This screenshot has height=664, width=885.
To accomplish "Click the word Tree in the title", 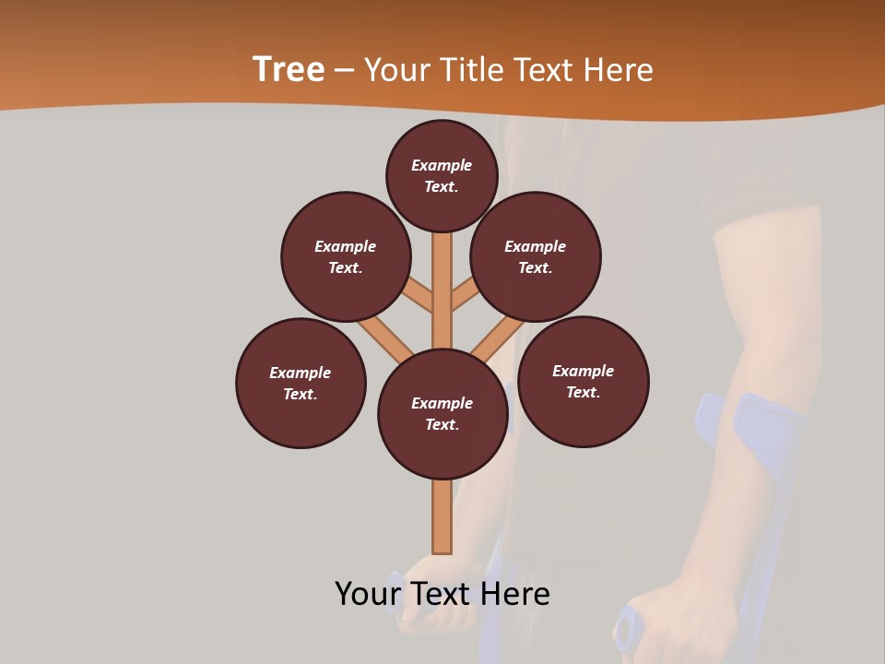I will click(x=289, y=69).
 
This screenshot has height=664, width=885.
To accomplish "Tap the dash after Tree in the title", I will click(x=343, y=70).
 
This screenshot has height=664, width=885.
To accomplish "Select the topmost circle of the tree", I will click(x=442, y=175).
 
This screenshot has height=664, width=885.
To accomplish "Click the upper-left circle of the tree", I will click(x=346, y=256).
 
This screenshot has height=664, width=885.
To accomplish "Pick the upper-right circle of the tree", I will click(x=536, y=256).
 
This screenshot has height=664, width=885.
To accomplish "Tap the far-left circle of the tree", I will click(x=301, y=383).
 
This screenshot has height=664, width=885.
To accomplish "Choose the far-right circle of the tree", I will click(x=584, y=381).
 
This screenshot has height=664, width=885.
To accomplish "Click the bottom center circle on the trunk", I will click(x=442, y=414).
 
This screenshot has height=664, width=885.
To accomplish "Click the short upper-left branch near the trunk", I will click(x=419, y=297).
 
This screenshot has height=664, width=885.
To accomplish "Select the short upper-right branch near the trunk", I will click(x=465, y=297).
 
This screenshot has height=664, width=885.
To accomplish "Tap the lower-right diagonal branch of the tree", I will click(x=498, y=339).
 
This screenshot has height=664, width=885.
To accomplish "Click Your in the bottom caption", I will click(x=368, y=593).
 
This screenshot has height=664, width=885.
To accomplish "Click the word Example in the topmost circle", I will click(x=442, y=165).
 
